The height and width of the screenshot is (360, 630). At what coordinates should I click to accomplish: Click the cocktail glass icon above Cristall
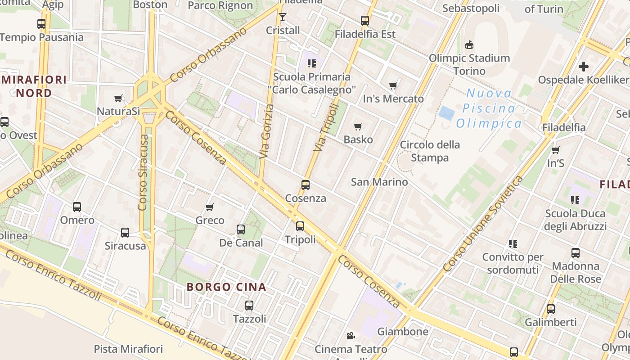point(283,17)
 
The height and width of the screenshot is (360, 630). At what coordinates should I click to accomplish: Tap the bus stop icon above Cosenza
point(306,185)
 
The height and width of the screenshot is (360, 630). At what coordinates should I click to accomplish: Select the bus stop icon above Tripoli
point(300,226)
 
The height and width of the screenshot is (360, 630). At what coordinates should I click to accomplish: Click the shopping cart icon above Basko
point(358,127)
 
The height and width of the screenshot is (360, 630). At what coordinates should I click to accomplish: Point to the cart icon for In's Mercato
point(393,86)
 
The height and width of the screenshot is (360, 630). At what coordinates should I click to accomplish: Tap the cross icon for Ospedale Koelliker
point(584,67)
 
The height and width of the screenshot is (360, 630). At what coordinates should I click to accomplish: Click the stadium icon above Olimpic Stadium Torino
point(469,45)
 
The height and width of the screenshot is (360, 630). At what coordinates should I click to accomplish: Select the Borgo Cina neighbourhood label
point(226,287)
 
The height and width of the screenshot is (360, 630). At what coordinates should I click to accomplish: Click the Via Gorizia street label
point(267,131)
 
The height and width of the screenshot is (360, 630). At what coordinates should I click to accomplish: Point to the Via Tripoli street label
point(326,127)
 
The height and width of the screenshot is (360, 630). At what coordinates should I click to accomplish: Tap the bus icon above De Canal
point(241,229)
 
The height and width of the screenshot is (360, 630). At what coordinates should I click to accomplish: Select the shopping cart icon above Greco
point(210,207)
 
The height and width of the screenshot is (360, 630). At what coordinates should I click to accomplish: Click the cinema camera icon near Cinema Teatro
point(351,336)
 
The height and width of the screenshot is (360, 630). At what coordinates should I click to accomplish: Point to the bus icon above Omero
point(77,207)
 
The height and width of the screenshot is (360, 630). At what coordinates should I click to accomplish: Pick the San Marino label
point(379,182)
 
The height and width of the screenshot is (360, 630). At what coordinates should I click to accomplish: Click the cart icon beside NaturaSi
point(118,98)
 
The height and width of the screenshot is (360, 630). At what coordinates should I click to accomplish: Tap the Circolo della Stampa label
point(430,151)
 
